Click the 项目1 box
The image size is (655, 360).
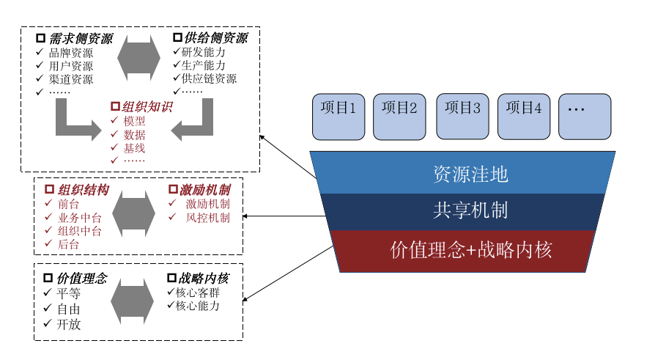coord(338,116)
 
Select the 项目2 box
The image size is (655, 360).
coord(399,116)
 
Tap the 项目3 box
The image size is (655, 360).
coord(462,116)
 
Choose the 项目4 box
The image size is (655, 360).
coord(524,116)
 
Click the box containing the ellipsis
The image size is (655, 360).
coord(585,116)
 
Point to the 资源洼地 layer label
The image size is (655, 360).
coord(470,175)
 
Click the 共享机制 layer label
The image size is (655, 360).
coord(470,211)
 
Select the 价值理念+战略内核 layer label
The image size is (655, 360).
coord(470,250)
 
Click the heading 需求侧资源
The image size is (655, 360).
coord(80,38)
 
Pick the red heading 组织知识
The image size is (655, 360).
coord(147,106)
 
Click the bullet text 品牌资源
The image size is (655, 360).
coord(71,53)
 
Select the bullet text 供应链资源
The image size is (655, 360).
coord(210,78)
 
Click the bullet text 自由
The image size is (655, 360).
coord(68,309)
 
